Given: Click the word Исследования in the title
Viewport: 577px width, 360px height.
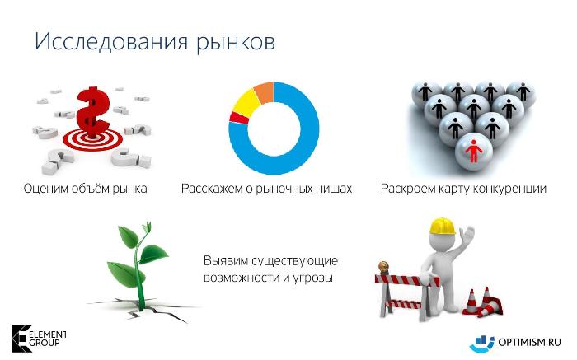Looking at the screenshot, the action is pyautogui.click(x=111, y=41).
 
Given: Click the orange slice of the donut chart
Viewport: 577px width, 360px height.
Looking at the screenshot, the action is pyautogui.click(x=265, y=92).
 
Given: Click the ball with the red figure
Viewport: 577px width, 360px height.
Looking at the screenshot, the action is pyautogui.click(x=474, y=152).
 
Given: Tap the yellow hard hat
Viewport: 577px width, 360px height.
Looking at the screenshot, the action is pyautogui.click(x=442, y=227).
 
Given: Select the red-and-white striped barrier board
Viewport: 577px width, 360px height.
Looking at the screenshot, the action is pyautogui.click(x=407, y=281).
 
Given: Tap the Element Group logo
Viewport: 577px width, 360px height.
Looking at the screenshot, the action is pyautogui.click(x=39, y=339).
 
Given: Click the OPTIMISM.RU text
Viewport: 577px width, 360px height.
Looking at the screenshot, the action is pyautogui.click(x=529, y=343).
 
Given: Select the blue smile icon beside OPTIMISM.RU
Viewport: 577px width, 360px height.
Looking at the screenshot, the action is pyautogui.click(x=481, y=343).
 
